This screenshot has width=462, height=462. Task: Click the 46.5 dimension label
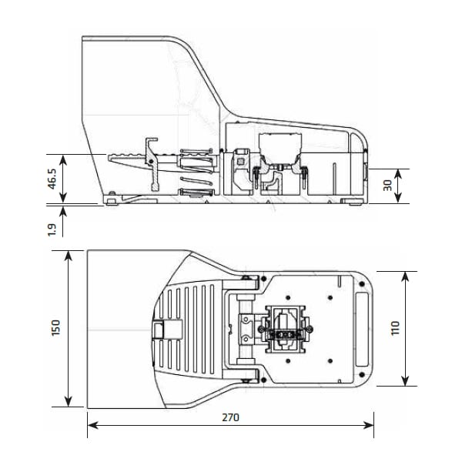point(52,179)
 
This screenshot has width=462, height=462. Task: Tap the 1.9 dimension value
point(52,229)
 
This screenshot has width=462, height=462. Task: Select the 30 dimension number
point(388,186)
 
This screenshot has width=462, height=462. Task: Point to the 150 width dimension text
point(55,328)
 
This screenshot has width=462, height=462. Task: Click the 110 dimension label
point(395,328)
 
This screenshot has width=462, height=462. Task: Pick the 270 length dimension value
point(230,417)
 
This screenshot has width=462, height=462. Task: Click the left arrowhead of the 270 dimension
point(93,425)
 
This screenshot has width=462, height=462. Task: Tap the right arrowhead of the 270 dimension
point(369,425)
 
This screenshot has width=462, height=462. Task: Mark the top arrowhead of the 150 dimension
point(69,256)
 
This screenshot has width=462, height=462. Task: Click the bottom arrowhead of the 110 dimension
point(406,380)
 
